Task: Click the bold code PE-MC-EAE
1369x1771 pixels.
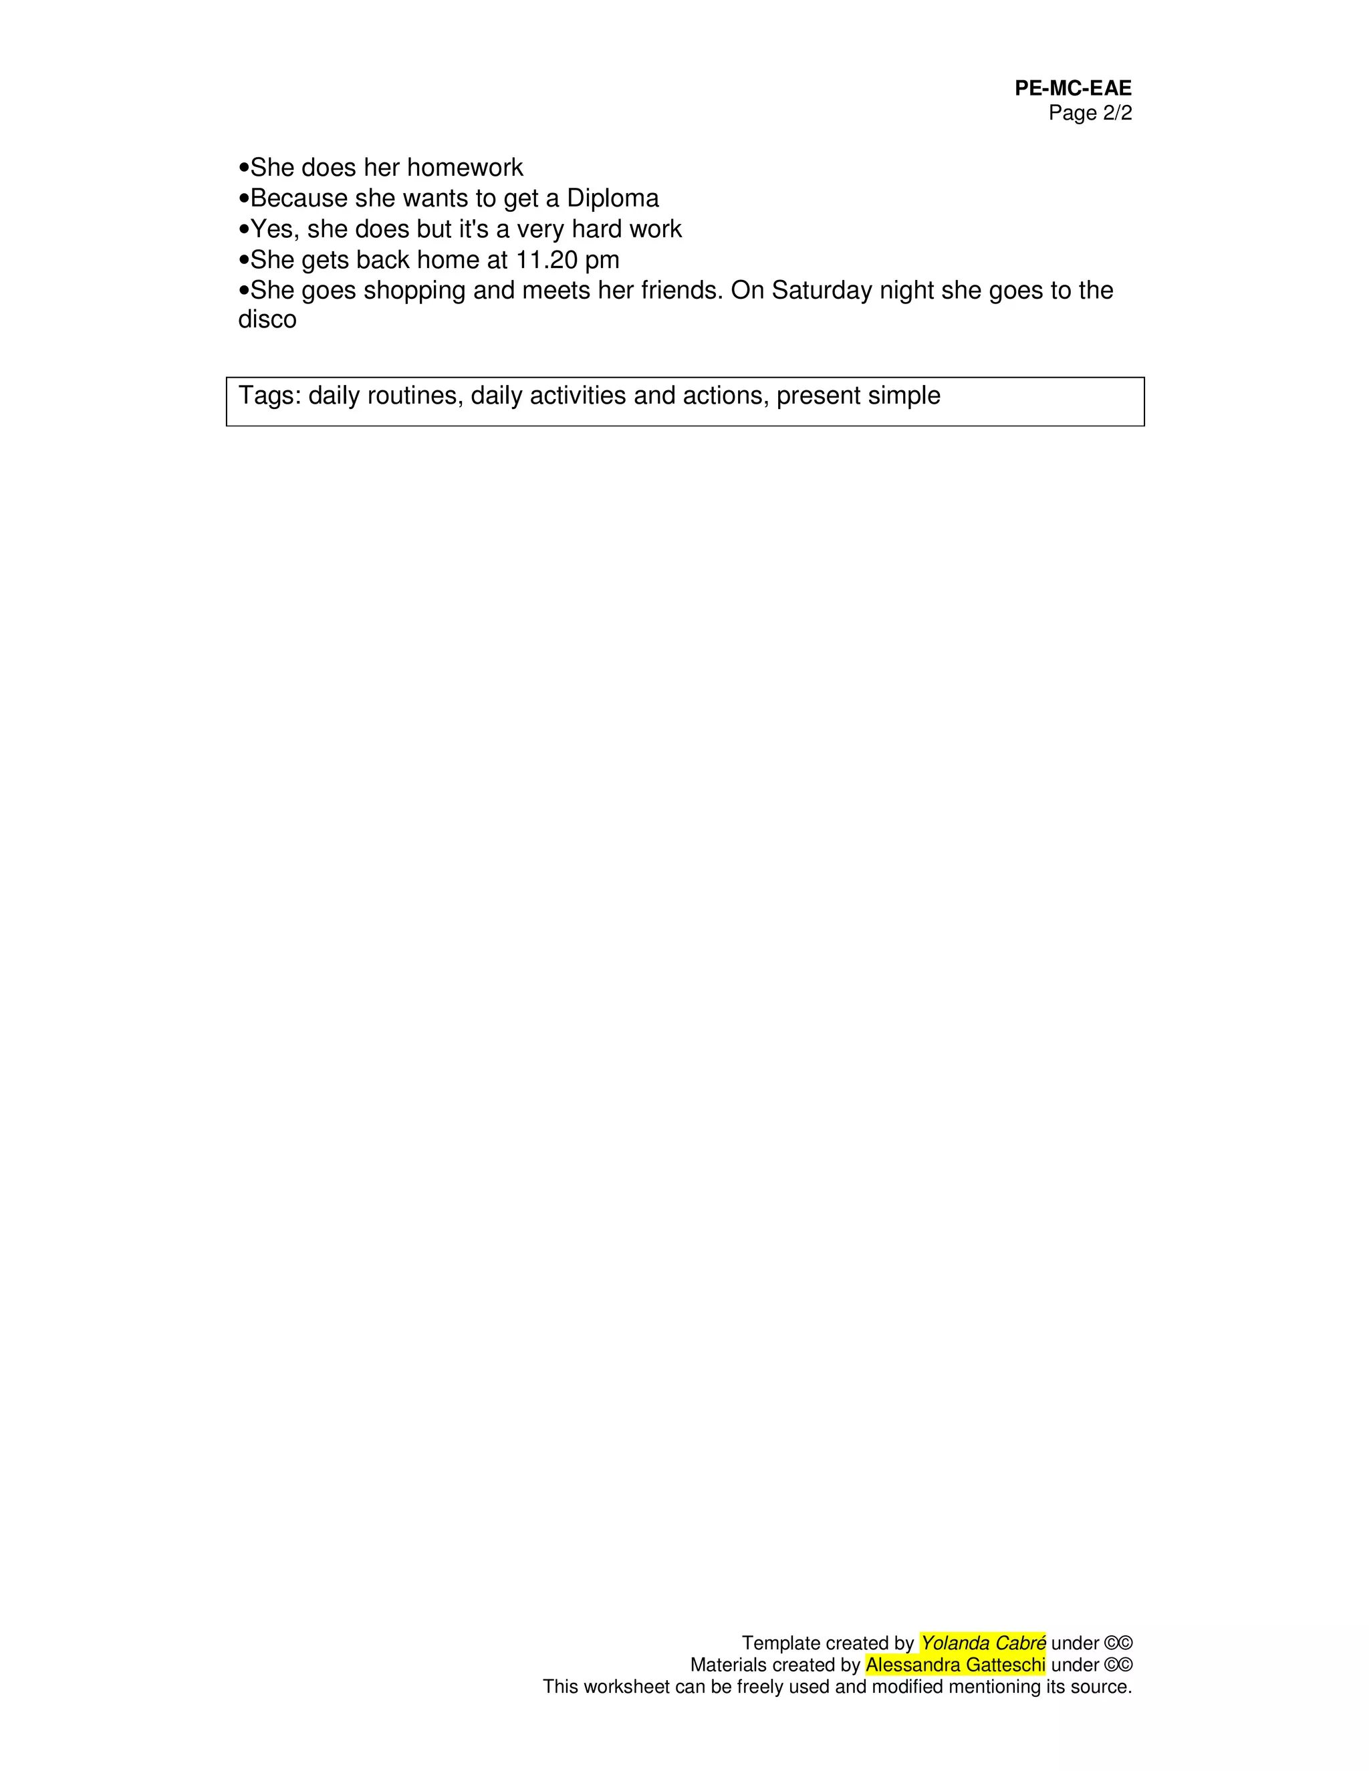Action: pos(1072,88)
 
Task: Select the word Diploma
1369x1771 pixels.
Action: pos(612,198)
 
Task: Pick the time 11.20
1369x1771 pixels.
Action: pos(547,260)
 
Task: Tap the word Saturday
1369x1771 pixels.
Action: pos(822,290)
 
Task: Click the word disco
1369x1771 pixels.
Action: pos(267,319)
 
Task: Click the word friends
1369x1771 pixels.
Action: pos(680,290)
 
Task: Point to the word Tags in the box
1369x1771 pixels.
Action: pos(269,396)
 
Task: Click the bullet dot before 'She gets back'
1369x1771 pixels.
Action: pos(244,260)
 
